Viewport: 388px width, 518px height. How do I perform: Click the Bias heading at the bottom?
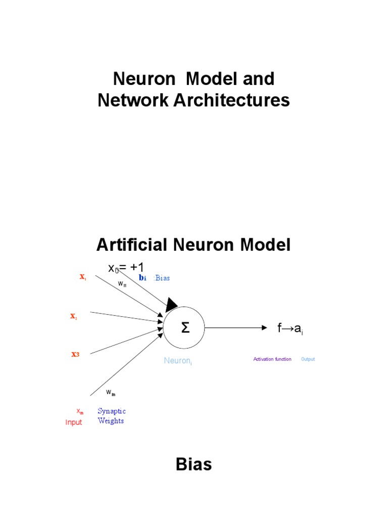pos(193,464)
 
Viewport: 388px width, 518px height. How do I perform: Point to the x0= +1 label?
pos(126,268)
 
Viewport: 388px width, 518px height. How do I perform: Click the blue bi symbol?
pos(142,278)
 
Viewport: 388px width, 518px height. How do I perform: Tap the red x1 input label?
pos(82,277)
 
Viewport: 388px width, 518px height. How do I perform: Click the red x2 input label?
pos(73,316)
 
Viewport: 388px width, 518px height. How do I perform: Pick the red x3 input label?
pos(75,354)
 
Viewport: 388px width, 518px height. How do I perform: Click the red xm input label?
pos(80,412)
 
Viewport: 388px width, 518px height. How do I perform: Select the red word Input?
pos(74,422)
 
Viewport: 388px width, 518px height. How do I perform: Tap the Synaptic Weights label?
pos(112,416)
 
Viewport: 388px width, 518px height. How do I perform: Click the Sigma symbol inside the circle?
pos(185,328)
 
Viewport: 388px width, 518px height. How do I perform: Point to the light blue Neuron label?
pos(177,361)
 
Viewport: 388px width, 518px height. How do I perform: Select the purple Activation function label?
pos(272,359)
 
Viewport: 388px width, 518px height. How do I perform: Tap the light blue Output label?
pos(308,359)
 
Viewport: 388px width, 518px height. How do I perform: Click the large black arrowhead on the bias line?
pos(171,304)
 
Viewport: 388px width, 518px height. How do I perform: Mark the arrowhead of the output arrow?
pos(264,327)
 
